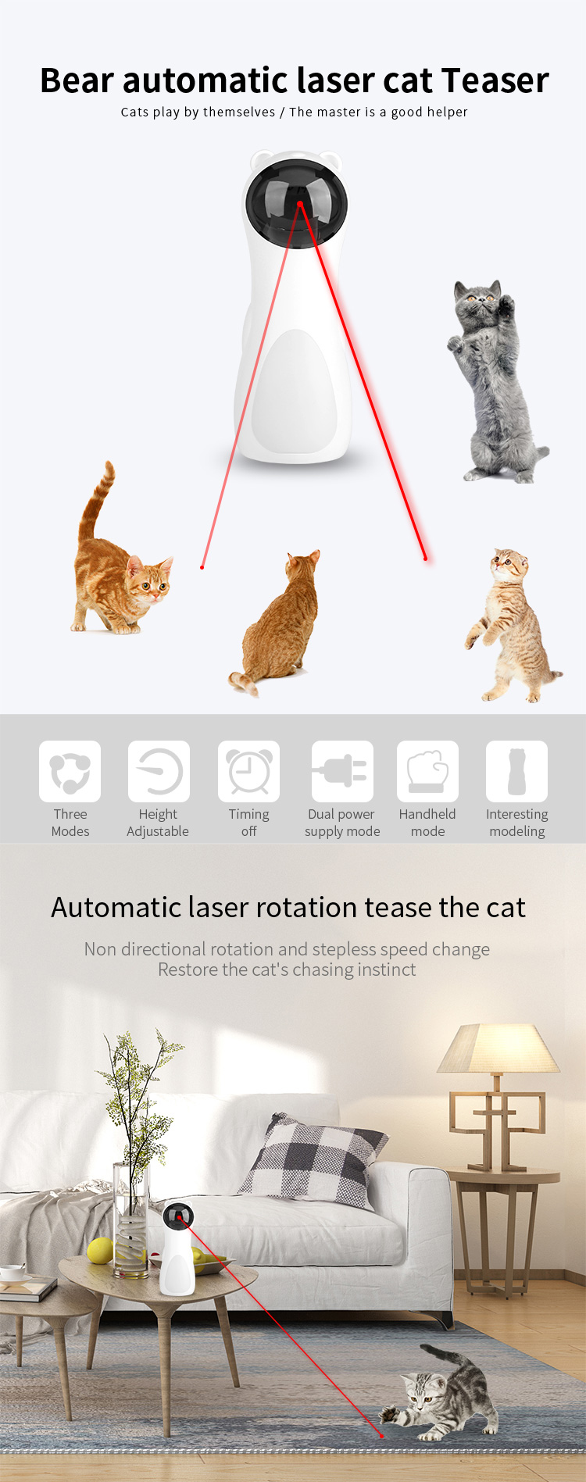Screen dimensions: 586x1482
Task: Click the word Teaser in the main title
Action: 495,80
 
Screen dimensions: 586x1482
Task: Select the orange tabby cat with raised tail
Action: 119,555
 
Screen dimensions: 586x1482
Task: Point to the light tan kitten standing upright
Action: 512,625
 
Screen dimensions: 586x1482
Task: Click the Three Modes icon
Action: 70,771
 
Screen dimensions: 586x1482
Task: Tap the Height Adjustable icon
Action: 159,771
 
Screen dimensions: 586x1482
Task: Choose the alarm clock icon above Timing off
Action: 249,771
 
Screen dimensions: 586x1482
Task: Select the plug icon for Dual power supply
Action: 342,771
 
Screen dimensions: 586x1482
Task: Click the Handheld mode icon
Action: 427,771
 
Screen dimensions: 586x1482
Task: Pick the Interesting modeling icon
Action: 516,771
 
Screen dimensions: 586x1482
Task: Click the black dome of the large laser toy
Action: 295,203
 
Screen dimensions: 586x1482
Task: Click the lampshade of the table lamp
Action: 498,1048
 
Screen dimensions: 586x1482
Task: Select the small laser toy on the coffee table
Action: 177,1249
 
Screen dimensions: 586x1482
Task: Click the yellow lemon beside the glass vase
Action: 100,1251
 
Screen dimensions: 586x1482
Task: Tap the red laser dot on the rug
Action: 381,1435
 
